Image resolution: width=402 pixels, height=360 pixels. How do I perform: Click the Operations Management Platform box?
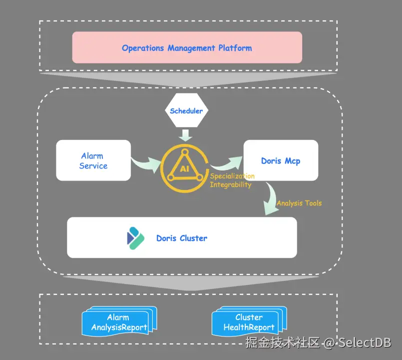tap(187, 47)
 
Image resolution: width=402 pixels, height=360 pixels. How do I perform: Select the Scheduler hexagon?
tap(186, 110)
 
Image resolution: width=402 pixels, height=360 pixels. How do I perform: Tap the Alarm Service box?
tap(93, 160)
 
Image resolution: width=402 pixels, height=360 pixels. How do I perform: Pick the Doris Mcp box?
tap(281, 160)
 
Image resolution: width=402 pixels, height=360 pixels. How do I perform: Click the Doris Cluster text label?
tap(182, 238)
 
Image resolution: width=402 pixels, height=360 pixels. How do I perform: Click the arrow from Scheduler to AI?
tap(186, 134)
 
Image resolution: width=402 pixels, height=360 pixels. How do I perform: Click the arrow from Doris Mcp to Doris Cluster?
tap(271, 199)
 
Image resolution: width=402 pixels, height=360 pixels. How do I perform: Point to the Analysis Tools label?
tap(299, 203)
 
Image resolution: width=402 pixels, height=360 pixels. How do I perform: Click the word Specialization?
tap(232, 176)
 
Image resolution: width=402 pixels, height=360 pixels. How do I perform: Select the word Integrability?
tap(231, 184)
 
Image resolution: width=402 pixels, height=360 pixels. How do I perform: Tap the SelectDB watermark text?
tap(365, 342)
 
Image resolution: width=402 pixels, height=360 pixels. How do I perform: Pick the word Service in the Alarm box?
tap(93, 166)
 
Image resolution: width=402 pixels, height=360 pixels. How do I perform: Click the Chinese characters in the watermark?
tap(282, 342)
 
